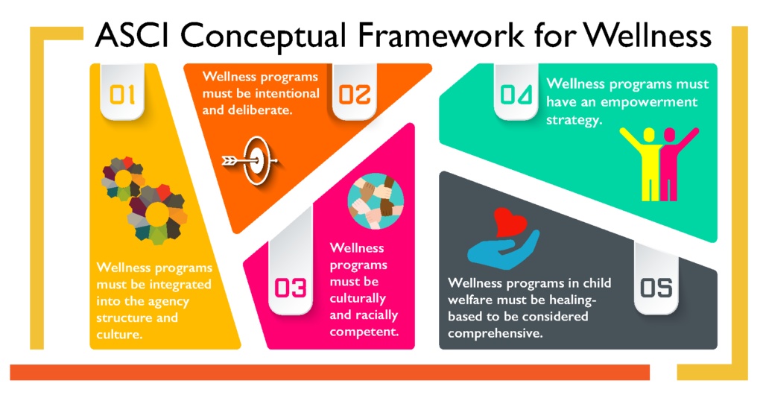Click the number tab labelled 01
122,92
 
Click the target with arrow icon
250,160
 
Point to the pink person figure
673,163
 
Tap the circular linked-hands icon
376,201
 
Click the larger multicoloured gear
157,214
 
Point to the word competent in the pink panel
364,332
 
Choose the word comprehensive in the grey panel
496,334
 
